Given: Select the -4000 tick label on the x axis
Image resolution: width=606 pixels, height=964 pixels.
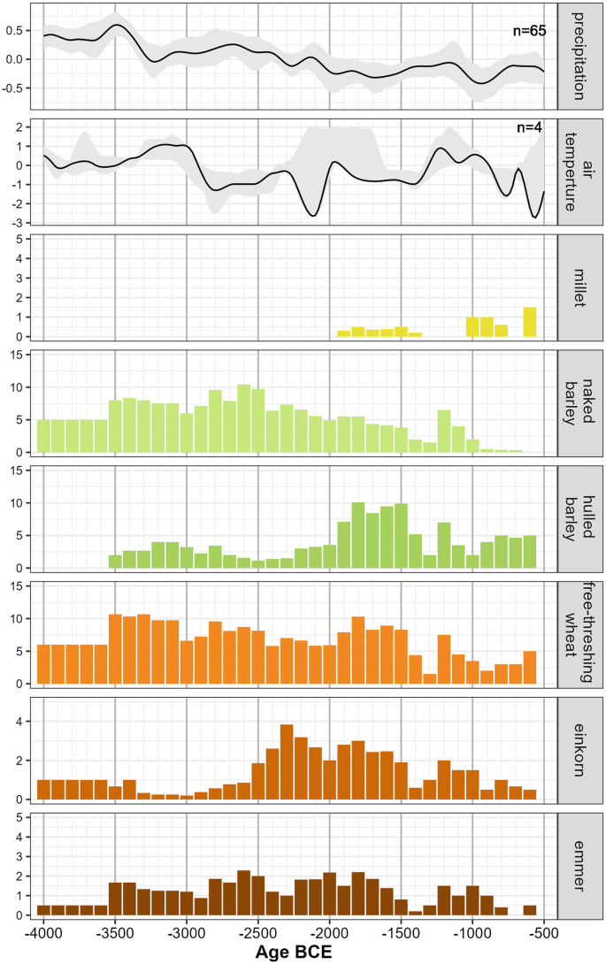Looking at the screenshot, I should (x=43, y=934).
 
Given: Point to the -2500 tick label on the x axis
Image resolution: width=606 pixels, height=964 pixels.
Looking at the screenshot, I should (x=257, y=934).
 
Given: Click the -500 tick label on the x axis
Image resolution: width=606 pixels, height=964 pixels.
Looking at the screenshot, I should (x=543, y=934).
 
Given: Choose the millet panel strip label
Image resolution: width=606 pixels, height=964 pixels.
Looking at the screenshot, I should (x=579, y=286).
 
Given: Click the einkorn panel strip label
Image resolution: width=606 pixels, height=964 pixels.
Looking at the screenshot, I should (x=579, y=747).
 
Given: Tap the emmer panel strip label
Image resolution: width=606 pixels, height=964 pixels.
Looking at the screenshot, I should (x=579, y=863).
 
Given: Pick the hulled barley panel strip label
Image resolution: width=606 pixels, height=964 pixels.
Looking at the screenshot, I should (x=579, y=516).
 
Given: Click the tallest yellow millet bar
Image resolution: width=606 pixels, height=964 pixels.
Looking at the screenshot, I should (x=530, y=322).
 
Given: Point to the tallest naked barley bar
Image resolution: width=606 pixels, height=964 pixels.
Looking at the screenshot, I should (x=244, y=418).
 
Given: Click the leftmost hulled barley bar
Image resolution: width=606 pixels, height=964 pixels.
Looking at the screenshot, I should (x=115, y=562).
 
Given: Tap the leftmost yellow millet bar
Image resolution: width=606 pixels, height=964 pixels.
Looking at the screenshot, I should (x=344, y=333).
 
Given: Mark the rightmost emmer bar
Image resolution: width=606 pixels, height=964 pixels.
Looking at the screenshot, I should (x=530, y=910).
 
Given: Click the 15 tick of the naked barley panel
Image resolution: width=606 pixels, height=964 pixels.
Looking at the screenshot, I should (x=20, y=356).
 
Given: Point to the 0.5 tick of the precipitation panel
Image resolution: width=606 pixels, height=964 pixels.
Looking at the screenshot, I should (x=17, y=30).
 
